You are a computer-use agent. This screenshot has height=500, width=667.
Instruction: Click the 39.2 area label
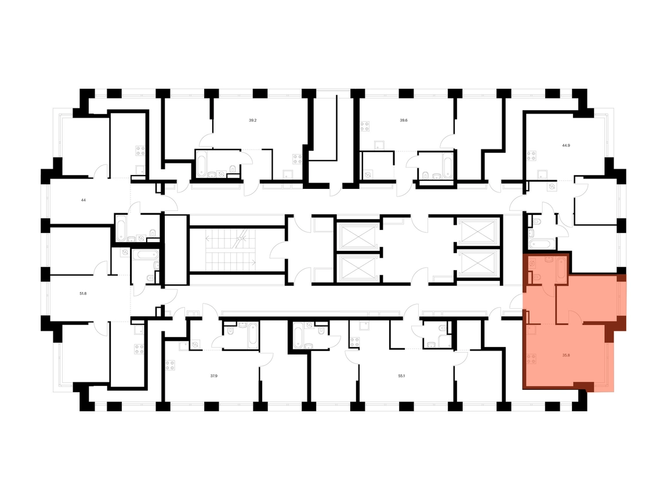pos(253,121)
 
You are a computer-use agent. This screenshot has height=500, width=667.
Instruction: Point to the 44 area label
pos(84,200)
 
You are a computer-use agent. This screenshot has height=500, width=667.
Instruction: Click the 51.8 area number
pos(84,293)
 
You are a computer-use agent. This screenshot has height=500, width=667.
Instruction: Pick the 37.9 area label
pos(214,375)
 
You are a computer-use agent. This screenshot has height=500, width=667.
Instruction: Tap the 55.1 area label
pos(401,375)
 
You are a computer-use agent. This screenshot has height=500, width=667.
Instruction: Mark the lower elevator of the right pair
pos(478,265)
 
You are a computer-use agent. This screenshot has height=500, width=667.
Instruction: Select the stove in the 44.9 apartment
pos(531,155)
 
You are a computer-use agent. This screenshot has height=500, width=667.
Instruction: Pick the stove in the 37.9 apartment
pos(170,366)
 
